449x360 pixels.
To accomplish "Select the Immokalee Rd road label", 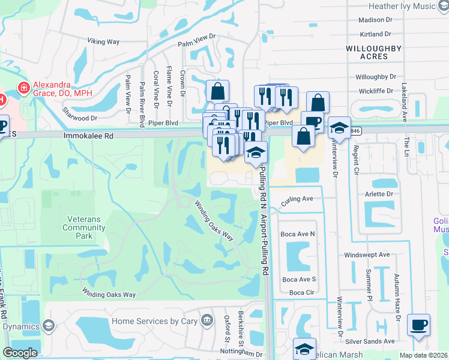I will click(x=88, y=136).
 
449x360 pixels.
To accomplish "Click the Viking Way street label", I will click(x=104, y=41).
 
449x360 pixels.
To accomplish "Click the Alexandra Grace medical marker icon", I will click(x=23, y=88).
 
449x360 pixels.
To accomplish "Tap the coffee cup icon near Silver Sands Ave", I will click(x=418, y=325).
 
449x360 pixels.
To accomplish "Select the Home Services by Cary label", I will click(x=155, y=321).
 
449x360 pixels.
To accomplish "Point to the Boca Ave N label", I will click(x=299, y=233).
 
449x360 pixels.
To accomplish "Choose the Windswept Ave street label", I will click(x=367, y=254).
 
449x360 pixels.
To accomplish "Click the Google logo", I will click(x=20, y=353).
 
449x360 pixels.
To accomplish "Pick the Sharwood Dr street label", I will click(x=80, y=119).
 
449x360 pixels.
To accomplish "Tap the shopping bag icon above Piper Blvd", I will click(x=217, y=92).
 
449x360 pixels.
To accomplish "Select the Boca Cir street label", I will click(x=301, y=292).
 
